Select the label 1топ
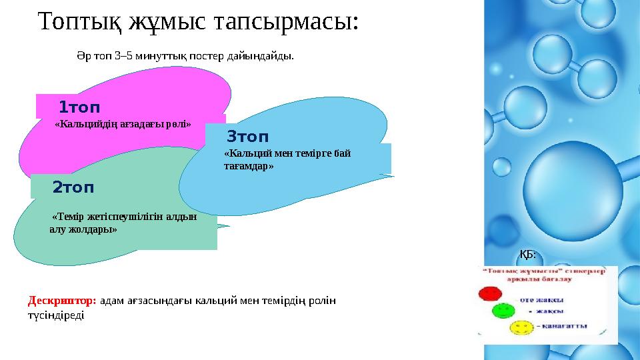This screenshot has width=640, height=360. click(79, 107)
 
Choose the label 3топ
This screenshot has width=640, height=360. click(247, 138)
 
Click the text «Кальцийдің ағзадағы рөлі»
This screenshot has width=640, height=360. click(123, 124)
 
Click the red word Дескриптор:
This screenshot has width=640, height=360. click(62, 301)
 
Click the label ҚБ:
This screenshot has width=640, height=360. click(527, 254)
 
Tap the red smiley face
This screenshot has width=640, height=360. click(490, 293)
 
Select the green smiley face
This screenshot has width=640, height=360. click(501, 310)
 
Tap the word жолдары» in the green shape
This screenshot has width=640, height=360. click(91, 229)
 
